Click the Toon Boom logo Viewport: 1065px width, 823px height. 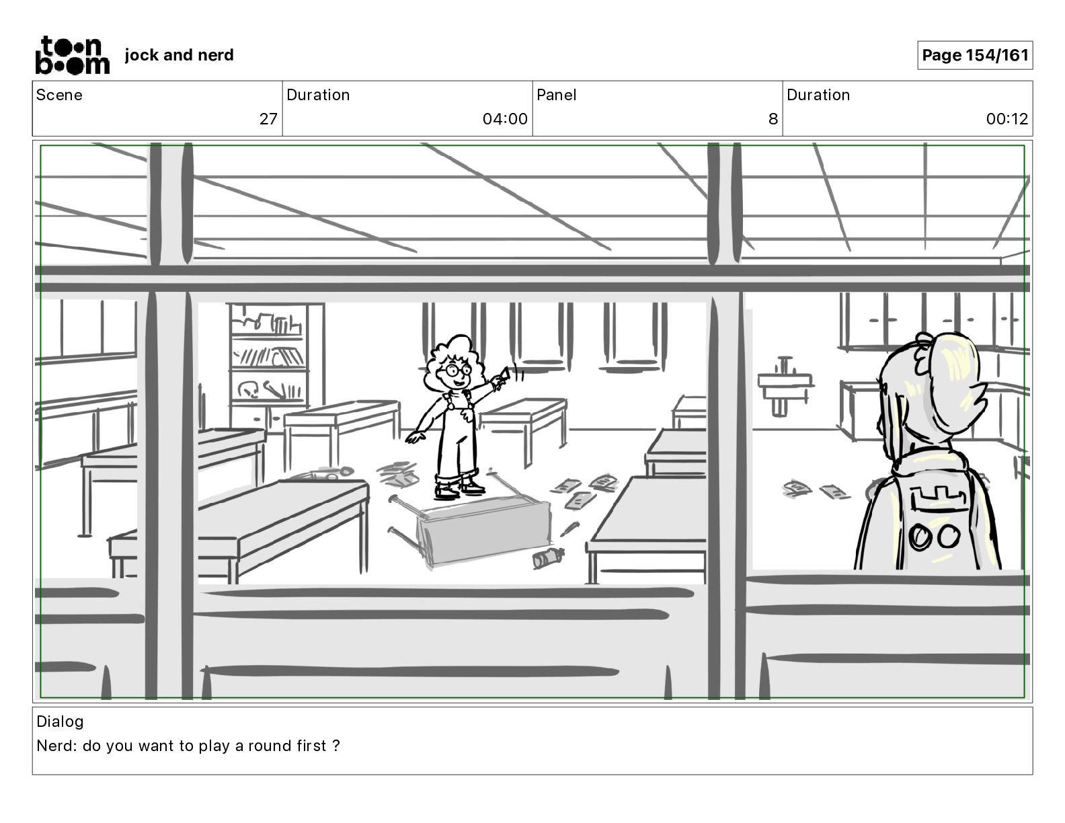tap(71, 54)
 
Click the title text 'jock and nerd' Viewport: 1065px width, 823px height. tap(179, 55)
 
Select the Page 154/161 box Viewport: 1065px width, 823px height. tap(975, 55)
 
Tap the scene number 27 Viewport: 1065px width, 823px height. tap(268, 119)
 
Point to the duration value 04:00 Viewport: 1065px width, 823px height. tap(504, 119)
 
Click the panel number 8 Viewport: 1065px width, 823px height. tap(773, 119)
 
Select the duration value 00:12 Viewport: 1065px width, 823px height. tap(1007, 119)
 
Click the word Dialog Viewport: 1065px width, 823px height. tap(60, 721)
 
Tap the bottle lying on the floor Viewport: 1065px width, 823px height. tap(547, 557)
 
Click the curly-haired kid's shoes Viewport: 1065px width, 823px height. tap(457, 487)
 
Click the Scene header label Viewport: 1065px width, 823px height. tap(59, 95)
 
